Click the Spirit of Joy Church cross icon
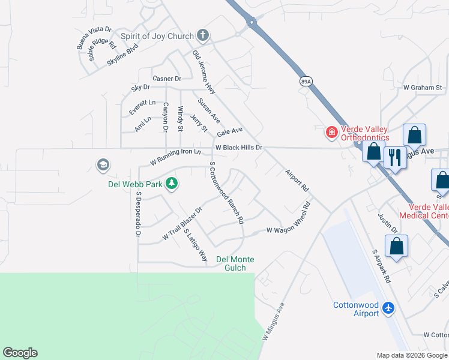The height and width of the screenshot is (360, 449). [203, 36]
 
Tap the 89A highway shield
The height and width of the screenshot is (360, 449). [306, 80]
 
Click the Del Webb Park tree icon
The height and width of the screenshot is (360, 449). [172, 184]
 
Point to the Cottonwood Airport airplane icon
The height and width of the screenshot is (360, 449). [388, 308]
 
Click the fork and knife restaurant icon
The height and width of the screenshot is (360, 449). [394, 158]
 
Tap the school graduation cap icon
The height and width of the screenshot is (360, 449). [103, 164]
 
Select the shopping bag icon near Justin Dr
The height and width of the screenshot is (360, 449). [396, 246]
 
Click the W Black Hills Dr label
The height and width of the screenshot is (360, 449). [239, 148]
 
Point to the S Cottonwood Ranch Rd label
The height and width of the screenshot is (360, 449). [226, 193]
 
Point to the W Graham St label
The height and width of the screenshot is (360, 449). [423, 87]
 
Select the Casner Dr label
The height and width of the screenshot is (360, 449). [167, 79]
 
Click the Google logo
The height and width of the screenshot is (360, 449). [20, 353]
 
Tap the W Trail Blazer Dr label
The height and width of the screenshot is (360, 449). [182, 225]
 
